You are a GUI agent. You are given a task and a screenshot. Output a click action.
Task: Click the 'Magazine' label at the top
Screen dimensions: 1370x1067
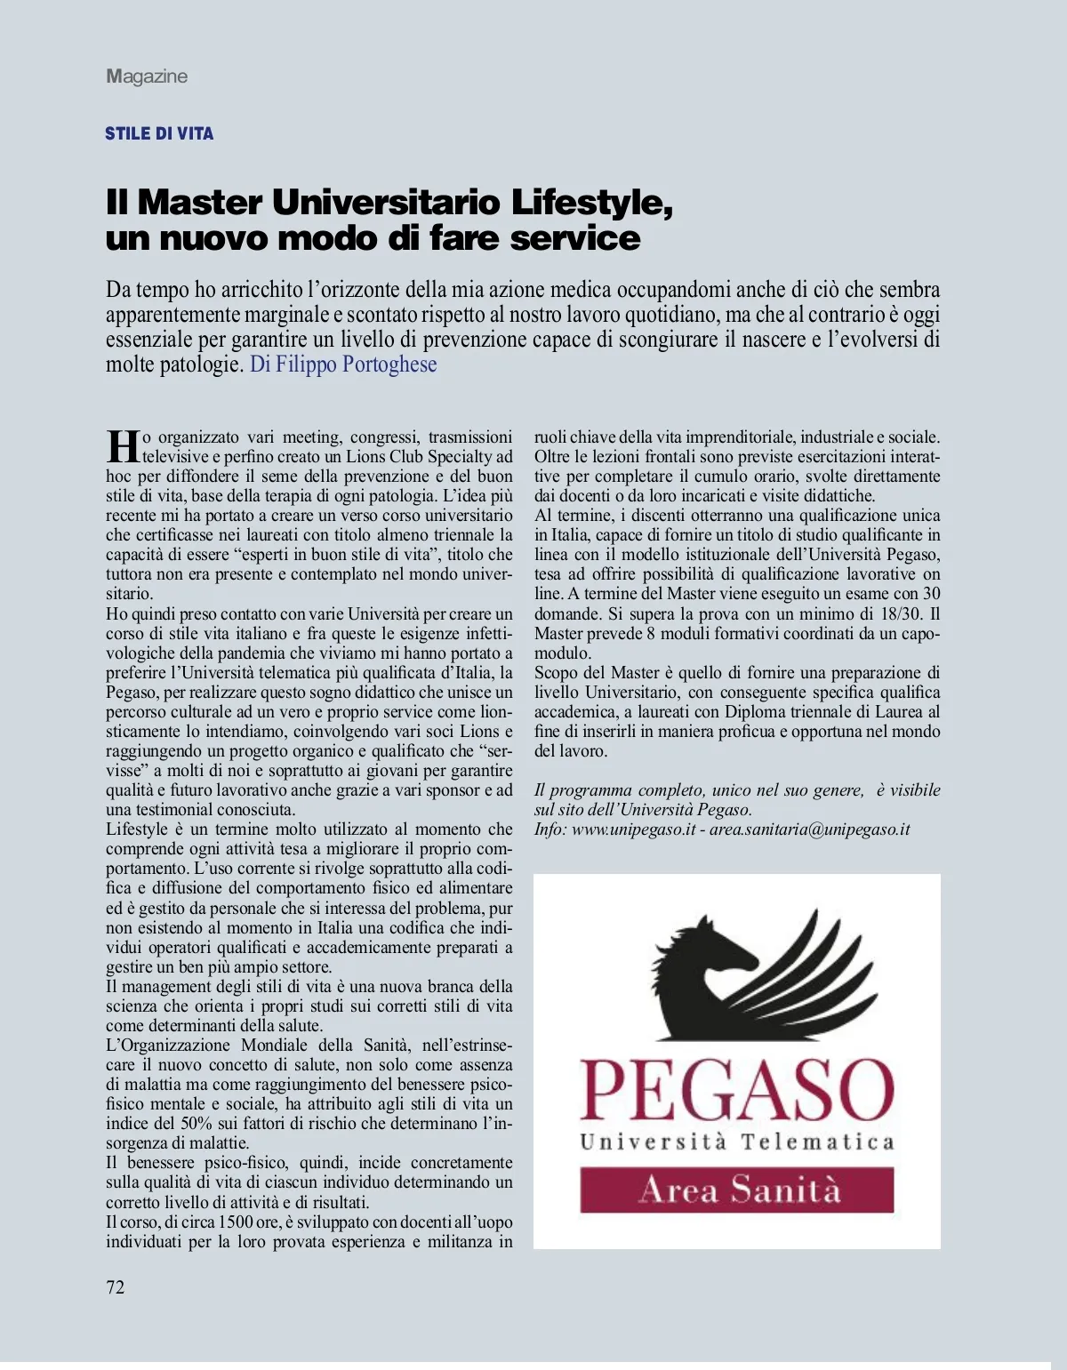(147, 76)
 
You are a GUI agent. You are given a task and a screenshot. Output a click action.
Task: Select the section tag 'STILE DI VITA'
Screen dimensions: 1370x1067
(159, 133)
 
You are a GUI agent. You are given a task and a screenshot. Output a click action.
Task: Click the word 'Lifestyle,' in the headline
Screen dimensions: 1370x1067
(591, 203)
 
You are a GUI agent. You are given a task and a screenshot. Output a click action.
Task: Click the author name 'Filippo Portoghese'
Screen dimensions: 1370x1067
(356, 365)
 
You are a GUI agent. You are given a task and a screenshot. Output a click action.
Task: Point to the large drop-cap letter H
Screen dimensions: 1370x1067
(123, 446)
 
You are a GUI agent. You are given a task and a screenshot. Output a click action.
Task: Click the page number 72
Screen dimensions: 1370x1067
(116, 1287)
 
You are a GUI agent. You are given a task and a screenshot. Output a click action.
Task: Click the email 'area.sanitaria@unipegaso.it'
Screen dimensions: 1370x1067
(809, 829)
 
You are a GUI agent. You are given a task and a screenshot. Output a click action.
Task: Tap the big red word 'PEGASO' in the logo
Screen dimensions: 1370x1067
(736, 1090)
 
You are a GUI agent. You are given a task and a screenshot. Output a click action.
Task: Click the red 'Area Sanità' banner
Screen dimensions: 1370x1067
(737, 1190)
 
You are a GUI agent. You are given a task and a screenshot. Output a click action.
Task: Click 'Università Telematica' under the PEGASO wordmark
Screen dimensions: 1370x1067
(737, 1142)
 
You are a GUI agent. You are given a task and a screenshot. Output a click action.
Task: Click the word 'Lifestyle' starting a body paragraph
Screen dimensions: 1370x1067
(137, 829)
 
